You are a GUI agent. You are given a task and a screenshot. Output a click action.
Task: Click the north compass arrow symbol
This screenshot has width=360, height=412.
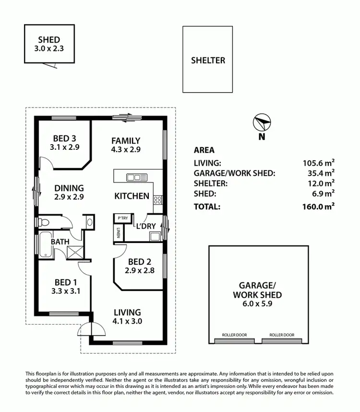262,122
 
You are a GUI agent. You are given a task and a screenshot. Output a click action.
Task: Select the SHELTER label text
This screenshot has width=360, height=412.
208,61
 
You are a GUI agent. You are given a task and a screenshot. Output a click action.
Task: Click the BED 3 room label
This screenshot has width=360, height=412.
64,144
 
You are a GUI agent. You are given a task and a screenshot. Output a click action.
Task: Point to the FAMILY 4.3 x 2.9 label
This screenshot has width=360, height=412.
126,145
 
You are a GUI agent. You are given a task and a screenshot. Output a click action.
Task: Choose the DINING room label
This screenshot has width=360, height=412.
69,192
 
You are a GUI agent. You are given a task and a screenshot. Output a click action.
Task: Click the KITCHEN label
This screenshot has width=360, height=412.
132,196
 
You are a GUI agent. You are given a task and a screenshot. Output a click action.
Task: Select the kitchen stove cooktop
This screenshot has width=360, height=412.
158,201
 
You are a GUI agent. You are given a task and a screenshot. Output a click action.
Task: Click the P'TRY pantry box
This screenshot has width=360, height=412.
122,218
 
